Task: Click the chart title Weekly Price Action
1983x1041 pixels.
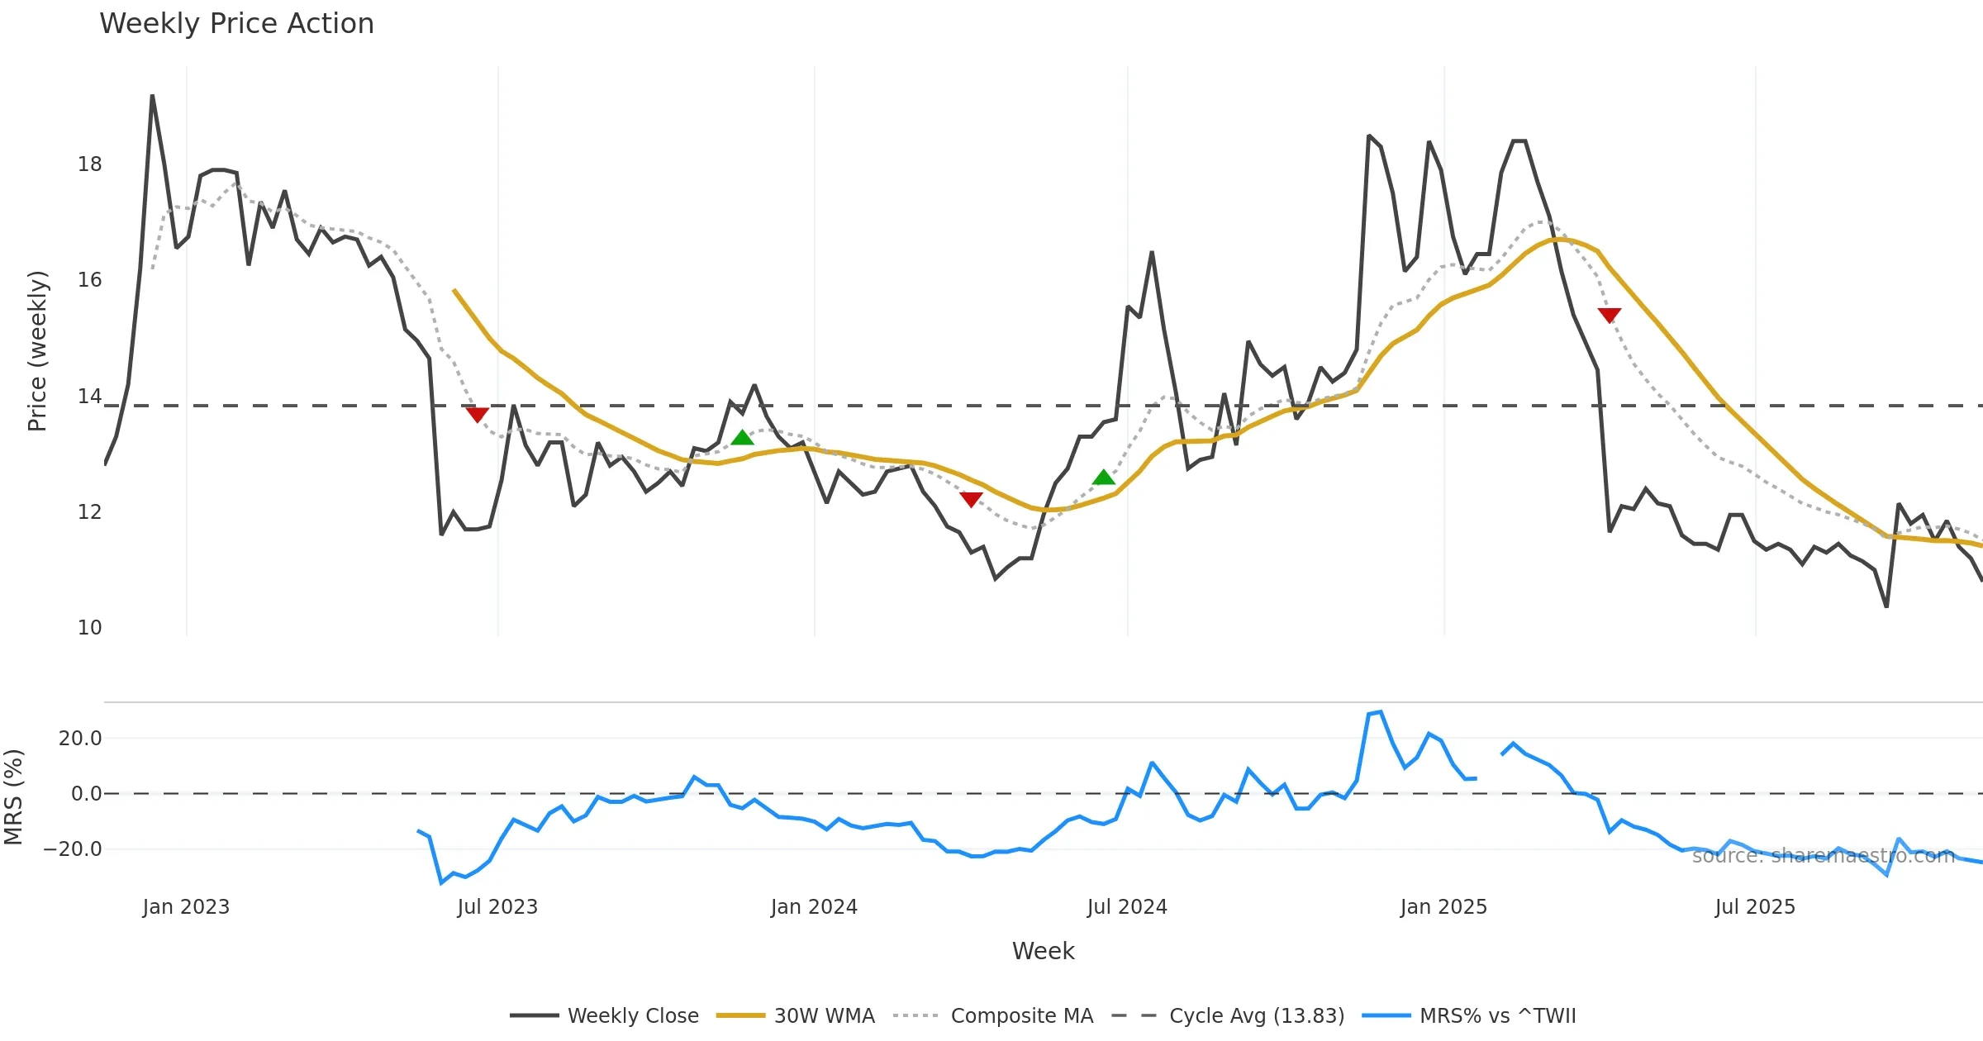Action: point(236,24)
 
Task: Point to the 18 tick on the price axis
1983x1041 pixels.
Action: point(89,164)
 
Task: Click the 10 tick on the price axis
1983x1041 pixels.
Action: point(89,628)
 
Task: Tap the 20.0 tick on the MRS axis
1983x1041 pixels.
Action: point(80,739)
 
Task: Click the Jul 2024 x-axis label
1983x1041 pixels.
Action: point(1127,907)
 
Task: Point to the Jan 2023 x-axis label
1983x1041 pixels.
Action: point(186,907)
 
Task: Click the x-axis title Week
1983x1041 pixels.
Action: point(1043,952)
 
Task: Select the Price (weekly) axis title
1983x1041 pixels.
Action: point(38,351)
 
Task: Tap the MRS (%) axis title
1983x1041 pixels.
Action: point(14,797)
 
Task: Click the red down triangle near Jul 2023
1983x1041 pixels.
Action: point(477,414)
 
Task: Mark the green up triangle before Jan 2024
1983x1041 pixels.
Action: point(742,438)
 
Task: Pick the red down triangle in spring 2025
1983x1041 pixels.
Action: point(1609,315)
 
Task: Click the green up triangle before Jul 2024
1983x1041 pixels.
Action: point(1103,478)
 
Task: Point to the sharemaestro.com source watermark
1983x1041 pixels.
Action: point(1823,856)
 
